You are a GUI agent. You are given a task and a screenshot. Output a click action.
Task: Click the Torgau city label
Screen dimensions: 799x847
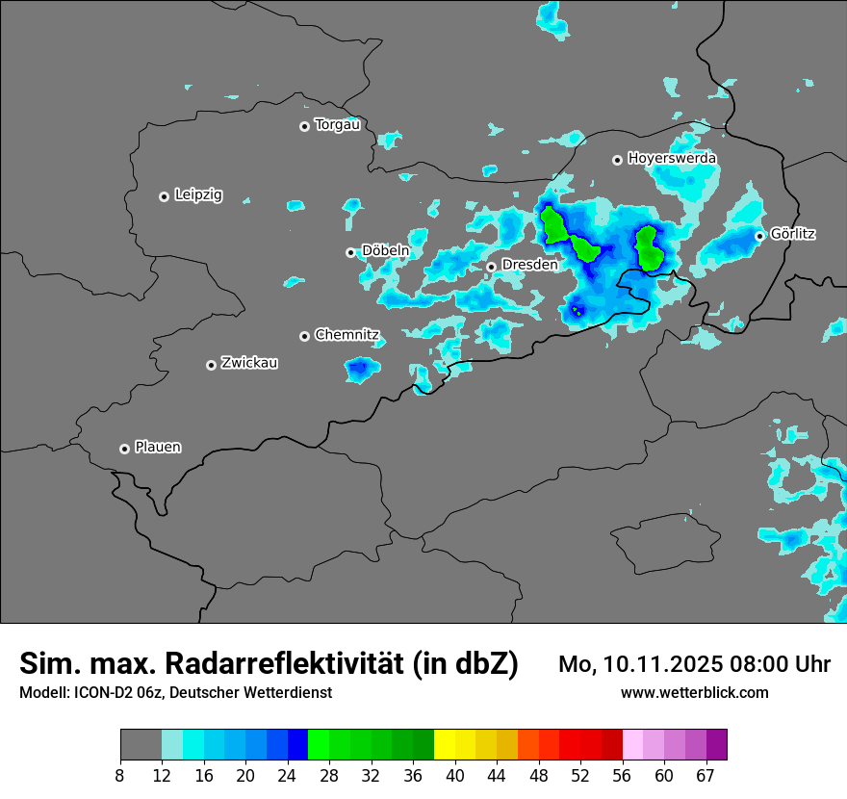(337, 124)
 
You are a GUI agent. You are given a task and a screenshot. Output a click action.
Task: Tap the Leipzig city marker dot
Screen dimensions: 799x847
(164, 196)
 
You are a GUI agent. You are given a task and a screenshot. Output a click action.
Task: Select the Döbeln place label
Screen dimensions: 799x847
(385, 251)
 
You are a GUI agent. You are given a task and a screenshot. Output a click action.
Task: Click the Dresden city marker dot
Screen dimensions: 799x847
(491, 267)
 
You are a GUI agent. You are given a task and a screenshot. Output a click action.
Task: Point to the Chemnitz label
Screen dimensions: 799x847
(346, 335)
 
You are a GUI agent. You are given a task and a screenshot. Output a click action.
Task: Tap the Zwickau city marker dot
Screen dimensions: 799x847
(211, 365)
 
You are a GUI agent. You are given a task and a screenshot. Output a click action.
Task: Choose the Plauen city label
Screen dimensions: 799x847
(158, 448)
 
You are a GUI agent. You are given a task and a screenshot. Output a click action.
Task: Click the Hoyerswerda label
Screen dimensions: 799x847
(672, 158)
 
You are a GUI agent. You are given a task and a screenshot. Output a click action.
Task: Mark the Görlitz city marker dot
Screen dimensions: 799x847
(759, 236)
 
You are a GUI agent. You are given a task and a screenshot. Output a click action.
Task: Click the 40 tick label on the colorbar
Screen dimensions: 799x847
(455, 776)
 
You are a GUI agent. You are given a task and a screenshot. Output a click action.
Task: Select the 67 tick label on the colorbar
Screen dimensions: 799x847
(706, 776)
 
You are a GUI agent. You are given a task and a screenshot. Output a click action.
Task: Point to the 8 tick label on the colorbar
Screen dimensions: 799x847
(120, 776)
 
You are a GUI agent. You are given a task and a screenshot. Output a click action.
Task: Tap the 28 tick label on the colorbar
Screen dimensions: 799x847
(329, 776)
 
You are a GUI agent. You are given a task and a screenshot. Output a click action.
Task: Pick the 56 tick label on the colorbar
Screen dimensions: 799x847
(623, 776)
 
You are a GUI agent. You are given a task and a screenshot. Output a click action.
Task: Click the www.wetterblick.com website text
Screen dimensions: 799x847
(694, 693)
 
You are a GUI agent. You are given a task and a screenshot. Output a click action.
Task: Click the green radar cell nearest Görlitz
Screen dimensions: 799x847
(648, 247)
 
